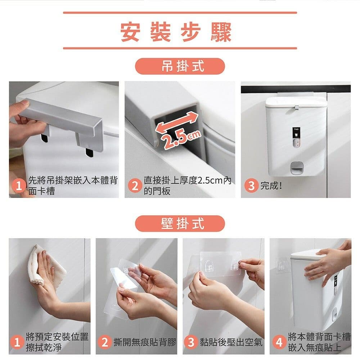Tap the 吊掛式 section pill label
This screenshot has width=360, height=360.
coord(180,66)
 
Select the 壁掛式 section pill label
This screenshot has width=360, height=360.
coord(180,224)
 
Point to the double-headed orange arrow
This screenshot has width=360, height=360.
coord(176,123)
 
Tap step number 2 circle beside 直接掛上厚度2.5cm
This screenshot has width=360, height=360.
coord(135,186)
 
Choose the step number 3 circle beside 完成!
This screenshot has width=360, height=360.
coord(251,186)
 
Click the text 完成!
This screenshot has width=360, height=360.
coord(271,186)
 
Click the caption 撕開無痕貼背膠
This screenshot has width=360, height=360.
coord(144,342)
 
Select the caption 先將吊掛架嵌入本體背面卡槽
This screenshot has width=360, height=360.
coord(72,186)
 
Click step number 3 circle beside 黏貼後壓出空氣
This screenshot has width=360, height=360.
coord(191,342)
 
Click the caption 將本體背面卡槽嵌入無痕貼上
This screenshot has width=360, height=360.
coord(319,342)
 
